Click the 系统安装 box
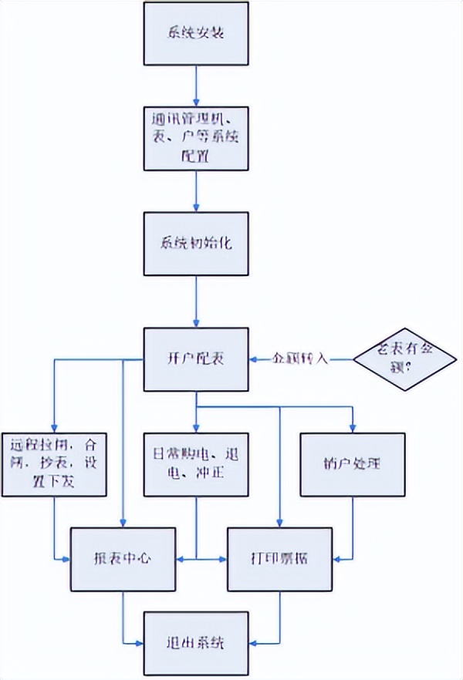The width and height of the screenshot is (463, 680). (197, 33)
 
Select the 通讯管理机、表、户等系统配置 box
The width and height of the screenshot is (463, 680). (197, 138)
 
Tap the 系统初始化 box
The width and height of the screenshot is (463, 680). (197, 243)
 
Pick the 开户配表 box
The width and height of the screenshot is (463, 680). (197, 359)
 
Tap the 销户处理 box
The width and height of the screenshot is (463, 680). (353, 465)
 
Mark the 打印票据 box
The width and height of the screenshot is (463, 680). (279, 558)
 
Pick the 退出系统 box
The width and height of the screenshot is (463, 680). (197, 642)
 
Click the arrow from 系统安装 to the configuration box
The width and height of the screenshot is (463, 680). (197, 86)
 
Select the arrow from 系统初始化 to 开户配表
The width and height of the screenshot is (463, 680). (197, 302)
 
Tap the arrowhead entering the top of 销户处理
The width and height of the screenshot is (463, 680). (353, 429)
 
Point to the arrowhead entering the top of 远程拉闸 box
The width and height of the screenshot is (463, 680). (53, 429)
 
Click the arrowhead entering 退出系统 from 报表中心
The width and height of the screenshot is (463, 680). (140, 642)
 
